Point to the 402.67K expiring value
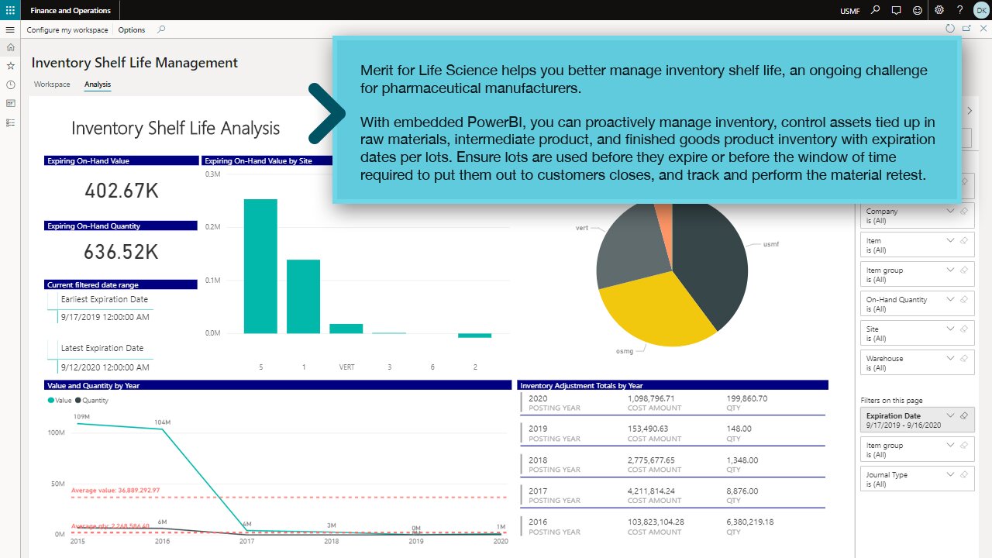pos(122,191)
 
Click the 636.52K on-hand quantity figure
pos(122,252)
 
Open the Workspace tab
pos(52,84)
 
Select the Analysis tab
pos(98,84)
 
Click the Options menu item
pos(132,30)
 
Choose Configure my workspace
pos(67,30)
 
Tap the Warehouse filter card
pos(917,363)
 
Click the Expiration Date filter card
pos(917,420)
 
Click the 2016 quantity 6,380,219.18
pos(750,522)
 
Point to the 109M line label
pos(81,417)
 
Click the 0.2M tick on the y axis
pos(212,227)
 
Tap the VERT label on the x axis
pos(346,367)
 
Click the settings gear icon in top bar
pos(939,10)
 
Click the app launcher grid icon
pos(10,10)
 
